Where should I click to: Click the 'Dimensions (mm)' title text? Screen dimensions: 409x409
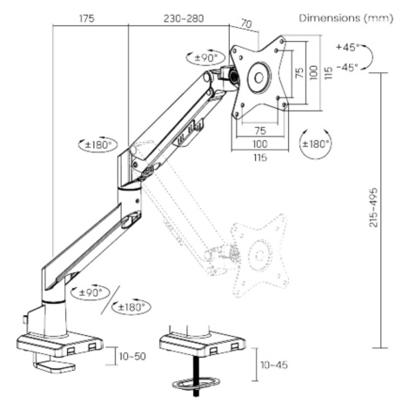(346, 18)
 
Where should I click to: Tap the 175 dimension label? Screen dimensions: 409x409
(87, 18)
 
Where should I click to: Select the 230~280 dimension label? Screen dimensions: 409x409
(184, 18)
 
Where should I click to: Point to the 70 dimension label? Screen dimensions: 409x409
(246, 23)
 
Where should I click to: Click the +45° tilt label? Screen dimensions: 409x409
(347, 47)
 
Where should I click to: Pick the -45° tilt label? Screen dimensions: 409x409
(347, 67)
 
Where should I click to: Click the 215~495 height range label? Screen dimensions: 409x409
(374, 207)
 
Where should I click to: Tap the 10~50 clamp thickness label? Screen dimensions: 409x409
(132, 356)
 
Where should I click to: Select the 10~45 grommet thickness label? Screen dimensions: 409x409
(274, 365)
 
